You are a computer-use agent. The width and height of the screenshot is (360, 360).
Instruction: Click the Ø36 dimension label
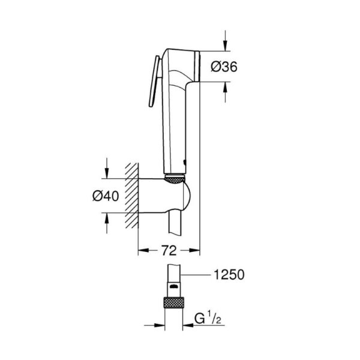[224, 67]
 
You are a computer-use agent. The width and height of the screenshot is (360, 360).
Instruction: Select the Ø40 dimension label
[106, 196]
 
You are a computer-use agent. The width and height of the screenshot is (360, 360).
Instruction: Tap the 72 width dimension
[169, 250]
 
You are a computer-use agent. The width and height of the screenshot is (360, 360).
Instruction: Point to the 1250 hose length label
[229, 275]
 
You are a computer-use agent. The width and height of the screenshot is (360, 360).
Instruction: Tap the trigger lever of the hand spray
[155, 81]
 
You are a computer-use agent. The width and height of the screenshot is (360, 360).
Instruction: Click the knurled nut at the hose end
[174, 303]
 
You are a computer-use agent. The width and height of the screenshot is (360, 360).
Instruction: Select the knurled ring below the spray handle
[175, 179]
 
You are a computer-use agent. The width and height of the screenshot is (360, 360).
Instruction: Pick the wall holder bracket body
[164, 196]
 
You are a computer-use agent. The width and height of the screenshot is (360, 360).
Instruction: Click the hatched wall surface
[132, 196]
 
